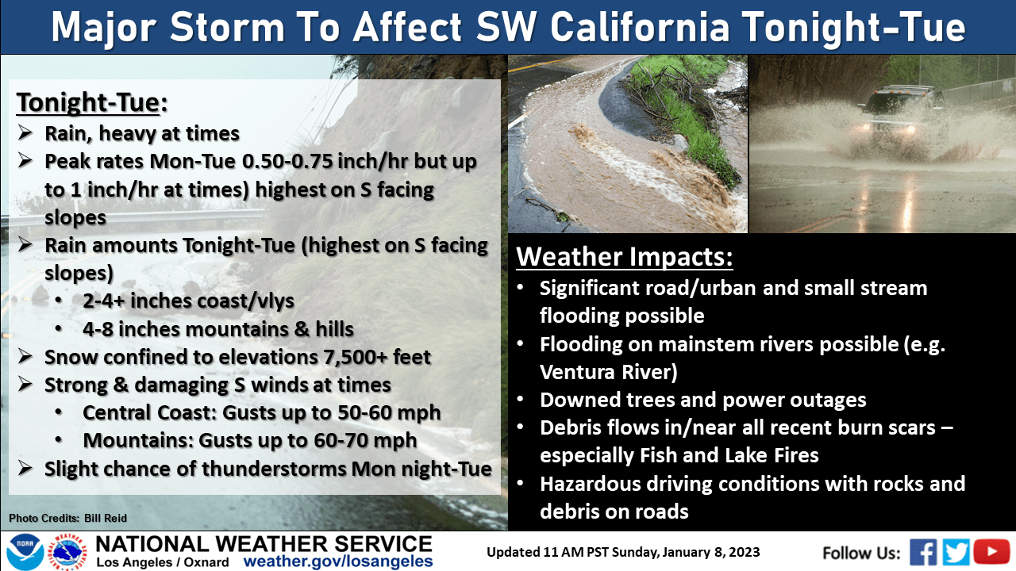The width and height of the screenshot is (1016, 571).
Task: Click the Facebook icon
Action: pos(923,551)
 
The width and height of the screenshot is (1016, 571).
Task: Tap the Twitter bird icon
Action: pos(956,551)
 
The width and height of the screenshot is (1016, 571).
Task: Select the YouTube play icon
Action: pos(991,551)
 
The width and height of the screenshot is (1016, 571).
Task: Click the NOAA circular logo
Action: pos(25,551)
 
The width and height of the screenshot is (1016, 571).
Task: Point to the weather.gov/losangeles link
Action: pos(338,561)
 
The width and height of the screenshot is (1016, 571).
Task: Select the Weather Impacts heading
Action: pos(625,256)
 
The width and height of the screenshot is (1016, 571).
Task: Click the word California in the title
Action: pos(640,27)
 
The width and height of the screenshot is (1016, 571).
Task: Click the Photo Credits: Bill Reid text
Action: pos(68,518)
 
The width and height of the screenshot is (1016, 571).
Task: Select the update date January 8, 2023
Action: pos(710,553)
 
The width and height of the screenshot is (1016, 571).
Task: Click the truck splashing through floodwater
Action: pos(900,113)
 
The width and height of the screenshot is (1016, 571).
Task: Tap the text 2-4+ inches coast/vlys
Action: pos(188,301)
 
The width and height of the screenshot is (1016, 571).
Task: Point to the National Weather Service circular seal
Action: pos(67,552)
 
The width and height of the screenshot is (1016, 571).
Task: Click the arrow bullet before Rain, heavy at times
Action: pos(25,132)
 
